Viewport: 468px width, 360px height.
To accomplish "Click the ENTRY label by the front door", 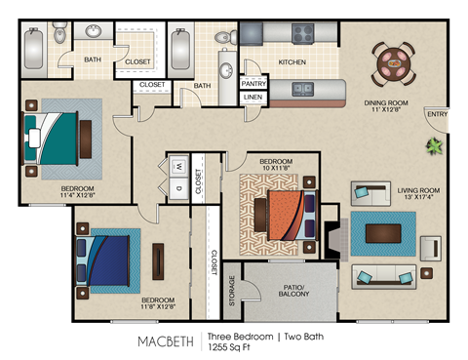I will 437,116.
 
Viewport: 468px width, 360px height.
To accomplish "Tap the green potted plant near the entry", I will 433,146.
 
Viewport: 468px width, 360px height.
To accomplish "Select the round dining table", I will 396,64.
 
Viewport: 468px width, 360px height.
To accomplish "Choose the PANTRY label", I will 253,84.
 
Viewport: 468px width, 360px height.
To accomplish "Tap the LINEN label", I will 253,98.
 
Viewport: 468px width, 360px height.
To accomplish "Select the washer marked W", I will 179,166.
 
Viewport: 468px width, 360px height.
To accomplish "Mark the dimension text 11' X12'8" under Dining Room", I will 387,111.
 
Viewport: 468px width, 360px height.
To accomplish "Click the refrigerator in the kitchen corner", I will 252,33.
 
